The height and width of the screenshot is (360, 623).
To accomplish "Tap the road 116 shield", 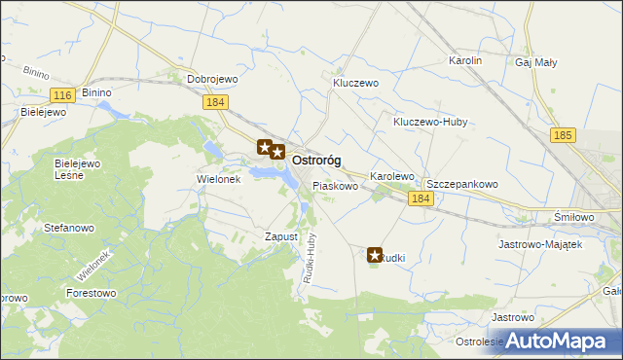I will pyautogui.click(x=62, y=94).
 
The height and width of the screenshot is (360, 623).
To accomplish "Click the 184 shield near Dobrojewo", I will pyautogui.click(x=216, y=101).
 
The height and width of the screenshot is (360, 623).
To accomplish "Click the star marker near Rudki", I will pyautogui.click(x=375, y=256).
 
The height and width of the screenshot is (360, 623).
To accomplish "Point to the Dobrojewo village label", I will pyautogui.click(x=213, y=79).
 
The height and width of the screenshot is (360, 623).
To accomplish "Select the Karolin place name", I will pyautogui.click(x=465, y=60).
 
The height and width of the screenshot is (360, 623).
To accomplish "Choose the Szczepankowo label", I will pyautogui.click(x=462, y=183).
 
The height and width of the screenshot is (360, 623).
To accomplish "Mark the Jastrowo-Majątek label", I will pyautogui.click(x=540, y=244).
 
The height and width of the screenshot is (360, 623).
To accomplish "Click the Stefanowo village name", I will pyautogui.click(x=69, y=228).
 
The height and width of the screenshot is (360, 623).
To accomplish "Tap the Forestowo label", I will pyautogui.click(x=91, y=292).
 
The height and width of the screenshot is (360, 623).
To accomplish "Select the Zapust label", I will pyautogui.click(x=280, y=236).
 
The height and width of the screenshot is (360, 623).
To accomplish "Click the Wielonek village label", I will pyautogui.click(x=218, y=179).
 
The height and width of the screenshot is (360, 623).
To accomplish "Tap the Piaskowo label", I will pyautogui.click(x=335, y=185).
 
